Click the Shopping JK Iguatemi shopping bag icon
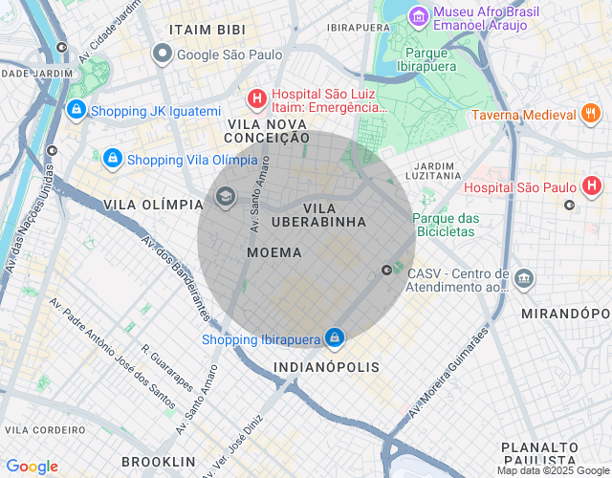click(76, 111)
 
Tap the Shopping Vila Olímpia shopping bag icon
click(113, 158)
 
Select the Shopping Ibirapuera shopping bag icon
click(334, 338)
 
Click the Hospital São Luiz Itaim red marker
click(256, 98)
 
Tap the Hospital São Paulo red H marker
click(592, 185)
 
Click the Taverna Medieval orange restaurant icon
click(591, 115)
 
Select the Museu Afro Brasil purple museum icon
click(418, 16)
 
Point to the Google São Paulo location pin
click(164, 54)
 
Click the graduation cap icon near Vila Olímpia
click(226, 198)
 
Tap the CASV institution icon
click(524, 279)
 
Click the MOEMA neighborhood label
click(273, 252)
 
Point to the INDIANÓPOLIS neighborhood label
click(326, 367)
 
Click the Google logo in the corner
click(32, 466)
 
